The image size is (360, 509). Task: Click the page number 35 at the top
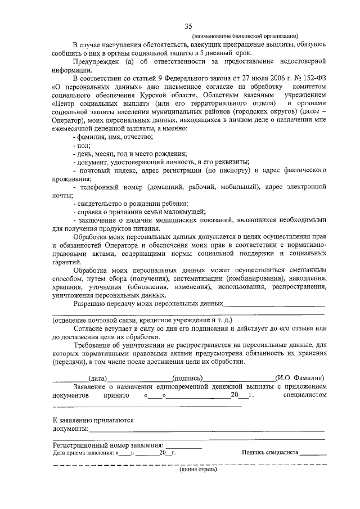pyautogui.click(x=188, y=24)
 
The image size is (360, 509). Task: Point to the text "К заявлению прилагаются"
pyautogui.click(x=93, y=420)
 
